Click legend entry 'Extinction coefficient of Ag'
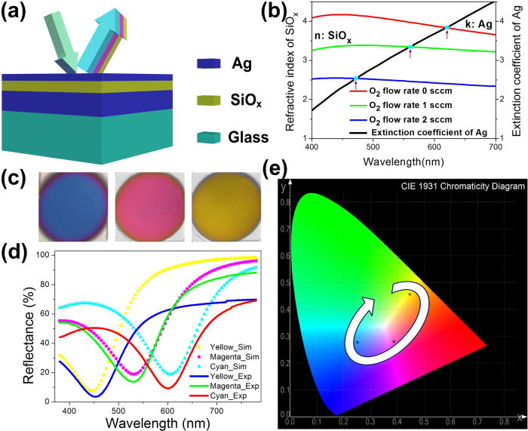(428, 133)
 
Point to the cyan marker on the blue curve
(355, 78)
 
